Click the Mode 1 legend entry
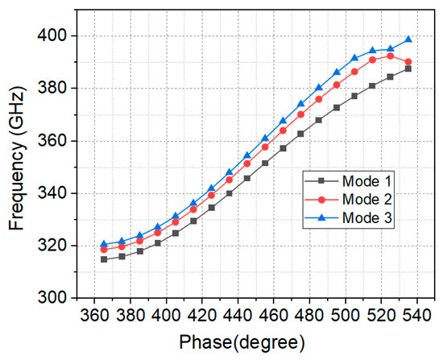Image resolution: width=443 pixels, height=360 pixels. (x=348, y=181)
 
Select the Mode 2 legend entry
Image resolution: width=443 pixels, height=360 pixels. (x=348, y=200)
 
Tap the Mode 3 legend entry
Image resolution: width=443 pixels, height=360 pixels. (x=348, y=218)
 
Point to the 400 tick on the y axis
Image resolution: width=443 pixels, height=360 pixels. (x=54, y=36)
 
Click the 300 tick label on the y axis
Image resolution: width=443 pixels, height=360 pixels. (x=54, y=298)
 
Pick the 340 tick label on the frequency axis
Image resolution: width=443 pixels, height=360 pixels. (x=54, y=193)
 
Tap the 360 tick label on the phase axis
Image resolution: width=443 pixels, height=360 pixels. (x=95, y=315)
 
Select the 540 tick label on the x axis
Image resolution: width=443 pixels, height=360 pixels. (x=416, y=315)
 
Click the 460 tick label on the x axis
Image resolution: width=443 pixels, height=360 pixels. (x=274, y=315)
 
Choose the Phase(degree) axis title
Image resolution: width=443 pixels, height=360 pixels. (x=242, y=343)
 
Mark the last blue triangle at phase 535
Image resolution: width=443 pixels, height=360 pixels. (x=408, y=39)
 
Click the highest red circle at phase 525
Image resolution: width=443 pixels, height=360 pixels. (x=390, y=56)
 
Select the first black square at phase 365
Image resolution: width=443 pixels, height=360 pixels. (x=104, y=259)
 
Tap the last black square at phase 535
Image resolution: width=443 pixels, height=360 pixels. (x=408, y=68)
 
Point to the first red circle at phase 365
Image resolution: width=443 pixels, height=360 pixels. (x=104, y=250)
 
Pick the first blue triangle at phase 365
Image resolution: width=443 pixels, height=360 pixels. (x=104, y=244)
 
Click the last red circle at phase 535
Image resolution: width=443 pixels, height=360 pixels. (x=408, y=61)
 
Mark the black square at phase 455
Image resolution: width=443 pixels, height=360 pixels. (x=265, y=163)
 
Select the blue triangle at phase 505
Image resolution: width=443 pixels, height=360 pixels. (x=354, y=58)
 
